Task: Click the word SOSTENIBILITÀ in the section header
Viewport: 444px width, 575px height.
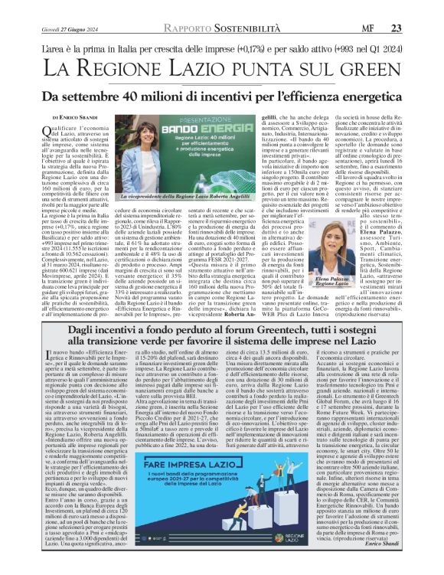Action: pos(234,7)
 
